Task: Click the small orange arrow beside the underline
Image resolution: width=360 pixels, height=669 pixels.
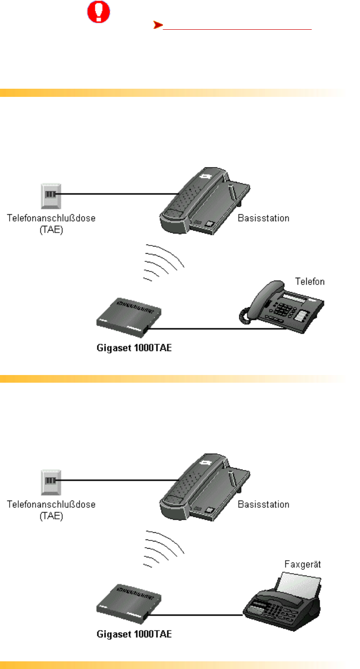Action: [156, 25]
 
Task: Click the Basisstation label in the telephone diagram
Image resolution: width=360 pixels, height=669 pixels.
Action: [264, 218]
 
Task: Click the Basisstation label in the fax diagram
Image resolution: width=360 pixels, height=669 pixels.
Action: [264, 505]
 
